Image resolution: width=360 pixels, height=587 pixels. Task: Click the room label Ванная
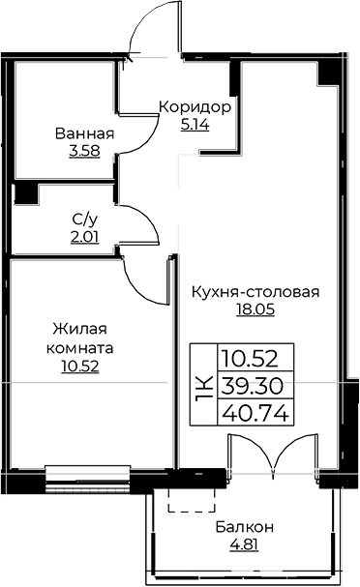pos(84,133)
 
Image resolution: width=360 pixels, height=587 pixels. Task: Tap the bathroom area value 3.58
pos(84,151)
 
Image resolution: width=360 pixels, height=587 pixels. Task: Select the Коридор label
pos(195,107)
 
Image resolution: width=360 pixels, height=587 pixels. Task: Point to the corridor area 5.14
pos(195,125)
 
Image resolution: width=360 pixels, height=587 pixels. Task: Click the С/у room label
pos(84,220)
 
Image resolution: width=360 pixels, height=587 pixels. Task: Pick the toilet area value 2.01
pos(84,237)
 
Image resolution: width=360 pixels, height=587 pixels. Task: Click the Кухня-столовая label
pos(255,292)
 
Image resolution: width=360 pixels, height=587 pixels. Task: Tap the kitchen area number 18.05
pos(255,309)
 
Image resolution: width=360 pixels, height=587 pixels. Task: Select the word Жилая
pos(79,329)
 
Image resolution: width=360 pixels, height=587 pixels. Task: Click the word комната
pos(79,348)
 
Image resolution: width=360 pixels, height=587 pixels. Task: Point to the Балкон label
pos(244,527)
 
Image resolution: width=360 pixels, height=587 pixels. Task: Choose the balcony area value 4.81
pos(244,544)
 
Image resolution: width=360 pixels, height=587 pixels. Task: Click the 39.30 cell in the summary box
pos(252,386)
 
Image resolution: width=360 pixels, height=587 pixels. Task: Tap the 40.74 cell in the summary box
pos(255,413)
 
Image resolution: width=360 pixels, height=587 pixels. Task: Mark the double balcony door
pos(274,455)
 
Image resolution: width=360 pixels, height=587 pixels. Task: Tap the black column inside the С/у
pos(26,193)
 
